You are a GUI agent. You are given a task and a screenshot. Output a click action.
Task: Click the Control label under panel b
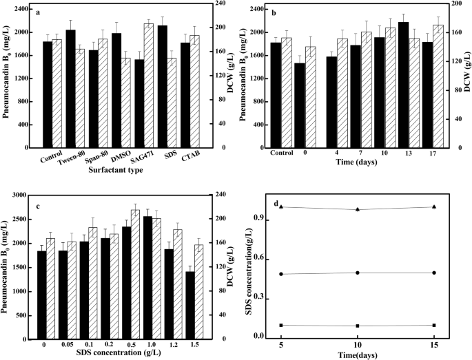point(282,152)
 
